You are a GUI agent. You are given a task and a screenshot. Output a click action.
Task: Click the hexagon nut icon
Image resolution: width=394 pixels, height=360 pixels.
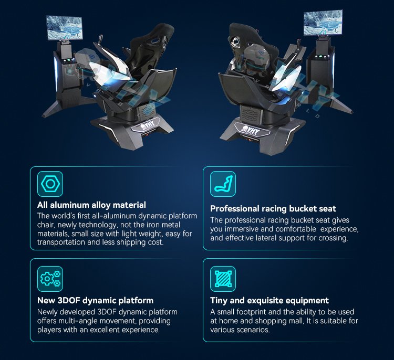(50, 184)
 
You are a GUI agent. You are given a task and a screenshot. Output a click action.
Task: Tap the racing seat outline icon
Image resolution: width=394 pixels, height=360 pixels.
(223, 184)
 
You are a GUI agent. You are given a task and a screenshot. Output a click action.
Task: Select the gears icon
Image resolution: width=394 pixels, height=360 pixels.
(50, 279)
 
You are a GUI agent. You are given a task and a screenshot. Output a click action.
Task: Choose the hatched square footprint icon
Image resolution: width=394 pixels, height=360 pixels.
(223, 279)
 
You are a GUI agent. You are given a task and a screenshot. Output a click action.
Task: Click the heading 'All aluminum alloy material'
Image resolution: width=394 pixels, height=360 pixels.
(91, 205)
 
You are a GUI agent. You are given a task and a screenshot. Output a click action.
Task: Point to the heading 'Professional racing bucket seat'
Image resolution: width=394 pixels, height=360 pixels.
(273, 209)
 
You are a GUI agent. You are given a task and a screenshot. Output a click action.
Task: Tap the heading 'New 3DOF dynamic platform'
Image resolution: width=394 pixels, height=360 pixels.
(95, 301)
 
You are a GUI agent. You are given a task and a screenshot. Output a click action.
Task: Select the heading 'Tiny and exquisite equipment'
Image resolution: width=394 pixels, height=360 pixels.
(269, 301)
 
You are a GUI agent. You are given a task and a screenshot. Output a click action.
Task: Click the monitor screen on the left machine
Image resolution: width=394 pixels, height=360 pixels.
(64, 28)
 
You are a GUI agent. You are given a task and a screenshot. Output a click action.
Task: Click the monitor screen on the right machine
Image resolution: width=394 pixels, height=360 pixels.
(323, 23)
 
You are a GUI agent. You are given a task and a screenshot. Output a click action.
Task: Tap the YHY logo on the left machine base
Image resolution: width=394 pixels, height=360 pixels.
(147, 124)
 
